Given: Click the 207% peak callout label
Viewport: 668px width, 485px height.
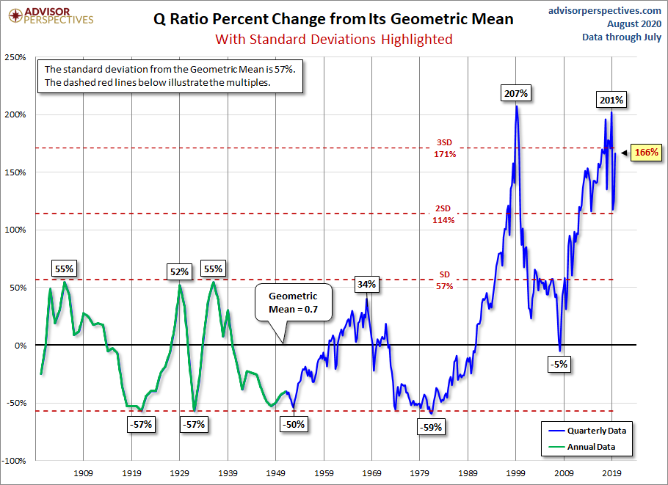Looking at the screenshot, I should click(516, 94).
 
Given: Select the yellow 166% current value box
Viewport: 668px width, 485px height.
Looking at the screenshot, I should click(646, 153).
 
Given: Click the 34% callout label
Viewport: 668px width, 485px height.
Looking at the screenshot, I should click(367, 284).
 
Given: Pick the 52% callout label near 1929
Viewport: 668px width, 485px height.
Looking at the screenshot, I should click(180, 271).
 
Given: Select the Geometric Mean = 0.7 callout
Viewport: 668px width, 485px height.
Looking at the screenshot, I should click(292, 302).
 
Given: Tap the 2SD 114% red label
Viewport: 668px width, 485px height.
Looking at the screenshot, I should click(443, 214).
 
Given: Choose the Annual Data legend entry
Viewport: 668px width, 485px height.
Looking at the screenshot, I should click(584, 446).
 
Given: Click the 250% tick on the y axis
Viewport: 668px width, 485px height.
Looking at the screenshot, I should click(16, 57).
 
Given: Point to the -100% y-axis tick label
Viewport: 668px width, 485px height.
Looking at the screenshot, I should click(15, 461).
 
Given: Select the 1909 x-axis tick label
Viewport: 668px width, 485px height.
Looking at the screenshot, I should click(83, 474).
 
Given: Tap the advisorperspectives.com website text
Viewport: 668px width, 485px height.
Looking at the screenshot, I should click(605, 10).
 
